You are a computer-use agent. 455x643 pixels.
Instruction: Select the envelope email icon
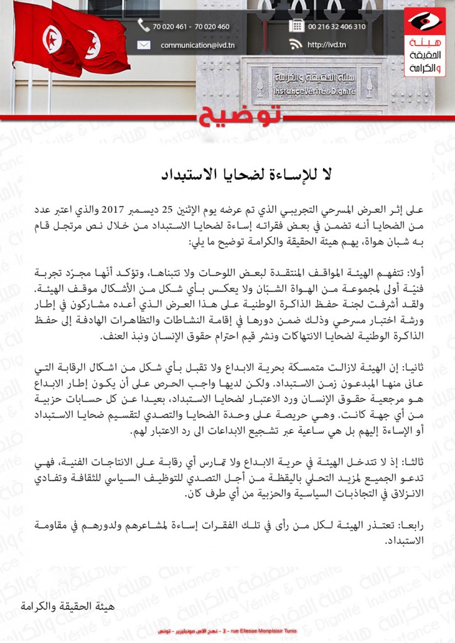[144, 45]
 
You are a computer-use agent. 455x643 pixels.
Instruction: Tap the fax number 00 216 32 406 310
[337, 27]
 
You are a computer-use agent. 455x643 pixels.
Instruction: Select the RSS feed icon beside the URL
[295, 45]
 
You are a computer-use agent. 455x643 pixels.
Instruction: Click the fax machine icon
[295, 26]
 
